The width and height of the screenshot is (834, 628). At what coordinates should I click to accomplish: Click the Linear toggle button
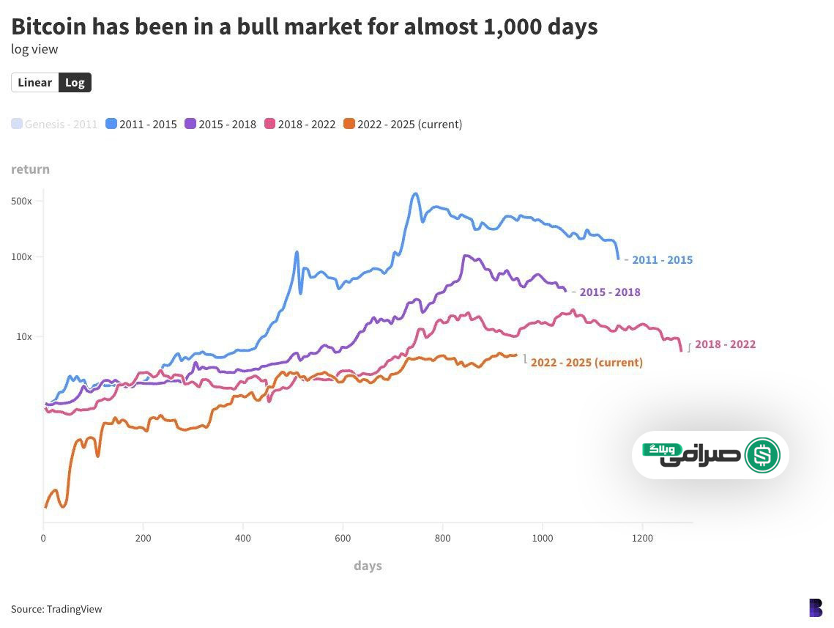click(35, 83)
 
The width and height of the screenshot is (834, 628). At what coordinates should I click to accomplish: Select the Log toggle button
click(75, 83)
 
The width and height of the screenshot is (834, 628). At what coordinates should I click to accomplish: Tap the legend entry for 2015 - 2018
click(220, 125)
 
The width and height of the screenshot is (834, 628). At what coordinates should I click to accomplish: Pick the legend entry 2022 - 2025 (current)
click(403, 125)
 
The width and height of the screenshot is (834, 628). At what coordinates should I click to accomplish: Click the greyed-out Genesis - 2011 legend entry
click(54, 125)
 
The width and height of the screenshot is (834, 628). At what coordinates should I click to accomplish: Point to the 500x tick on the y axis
click(21, 202)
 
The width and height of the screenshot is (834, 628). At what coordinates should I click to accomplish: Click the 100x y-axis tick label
click(21, 257)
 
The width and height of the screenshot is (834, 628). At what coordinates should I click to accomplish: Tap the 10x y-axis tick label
click(24, 337)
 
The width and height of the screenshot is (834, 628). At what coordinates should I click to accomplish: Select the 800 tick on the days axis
click(442, 538)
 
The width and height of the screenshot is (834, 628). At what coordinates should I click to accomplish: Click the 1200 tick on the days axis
click(642, 538)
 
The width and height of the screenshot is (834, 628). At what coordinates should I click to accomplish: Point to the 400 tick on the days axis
click(243, 538)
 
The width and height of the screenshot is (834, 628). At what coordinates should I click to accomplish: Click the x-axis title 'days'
click(368, 566)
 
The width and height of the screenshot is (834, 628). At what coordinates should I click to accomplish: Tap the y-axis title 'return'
click(31, 169)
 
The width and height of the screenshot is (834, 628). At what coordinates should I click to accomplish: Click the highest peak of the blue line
click(415, 194)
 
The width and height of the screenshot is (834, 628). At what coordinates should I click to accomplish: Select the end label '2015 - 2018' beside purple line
click(610, 292)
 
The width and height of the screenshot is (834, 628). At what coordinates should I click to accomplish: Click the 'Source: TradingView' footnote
click(56, 609)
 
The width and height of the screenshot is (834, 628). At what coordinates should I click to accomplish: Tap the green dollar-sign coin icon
click(762, 455)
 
